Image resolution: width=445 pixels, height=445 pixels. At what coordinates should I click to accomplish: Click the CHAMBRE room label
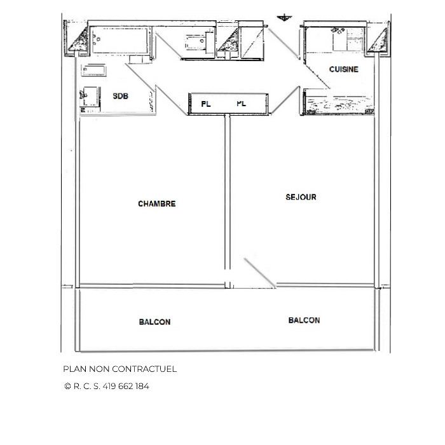(156, 204)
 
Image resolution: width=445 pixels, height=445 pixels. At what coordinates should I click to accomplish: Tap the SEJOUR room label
(301, 197)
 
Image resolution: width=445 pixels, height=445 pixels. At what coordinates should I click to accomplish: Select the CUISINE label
(343, 69)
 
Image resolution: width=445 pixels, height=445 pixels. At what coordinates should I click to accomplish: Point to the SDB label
(120, 97)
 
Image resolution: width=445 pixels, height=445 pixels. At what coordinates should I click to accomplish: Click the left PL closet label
(205, 103)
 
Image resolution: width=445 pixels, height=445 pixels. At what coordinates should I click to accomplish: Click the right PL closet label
(241, 103)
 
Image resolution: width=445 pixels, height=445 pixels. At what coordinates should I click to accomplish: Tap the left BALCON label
(154, 322)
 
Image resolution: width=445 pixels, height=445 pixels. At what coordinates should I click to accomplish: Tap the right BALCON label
(304, 320)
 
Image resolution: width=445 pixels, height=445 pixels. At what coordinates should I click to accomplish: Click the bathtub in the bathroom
(121, 41)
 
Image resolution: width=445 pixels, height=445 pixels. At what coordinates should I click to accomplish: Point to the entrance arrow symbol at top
(283, 17)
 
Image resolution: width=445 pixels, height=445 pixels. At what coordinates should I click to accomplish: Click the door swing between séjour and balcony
(261, 273)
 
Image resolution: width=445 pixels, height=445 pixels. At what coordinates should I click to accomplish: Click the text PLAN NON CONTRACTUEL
(120, 369)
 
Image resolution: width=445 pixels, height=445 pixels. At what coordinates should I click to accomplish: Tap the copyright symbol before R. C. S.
(67, 386)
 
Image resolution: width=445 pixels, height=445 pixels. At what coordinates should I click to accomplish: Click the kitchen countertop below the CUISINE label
(337, 102)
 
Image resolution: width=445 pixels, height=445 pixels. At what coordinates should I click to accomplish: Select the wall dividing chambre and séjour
(225, 197)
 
